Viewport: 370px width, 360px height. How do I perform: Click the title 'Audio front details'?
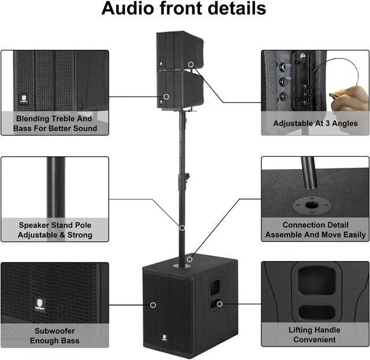coord(184,9)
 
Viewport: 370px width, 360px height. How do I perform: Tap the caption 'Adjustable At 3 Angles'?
coord(315,123)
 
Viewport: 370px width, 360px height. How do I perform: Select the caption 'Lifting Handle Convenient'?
coord(314,335)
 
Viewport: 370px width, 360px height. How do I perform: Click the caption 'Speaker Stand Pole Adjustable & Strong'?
coord(55,230)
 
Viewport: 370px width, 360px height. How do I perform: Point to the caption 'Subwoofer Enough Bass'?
coord(54,336)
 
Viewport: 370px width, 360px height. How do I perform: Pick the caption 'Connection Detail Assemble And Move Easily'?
coord(315,230)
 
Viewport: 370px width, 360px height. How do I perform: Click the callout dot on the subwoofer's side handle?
coord(220,304)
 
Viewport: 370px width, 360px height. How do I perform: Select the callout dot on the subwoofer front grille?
coord(154,304)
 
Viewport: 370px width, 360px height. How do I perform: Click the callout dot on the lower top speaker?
coord(166,96)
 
